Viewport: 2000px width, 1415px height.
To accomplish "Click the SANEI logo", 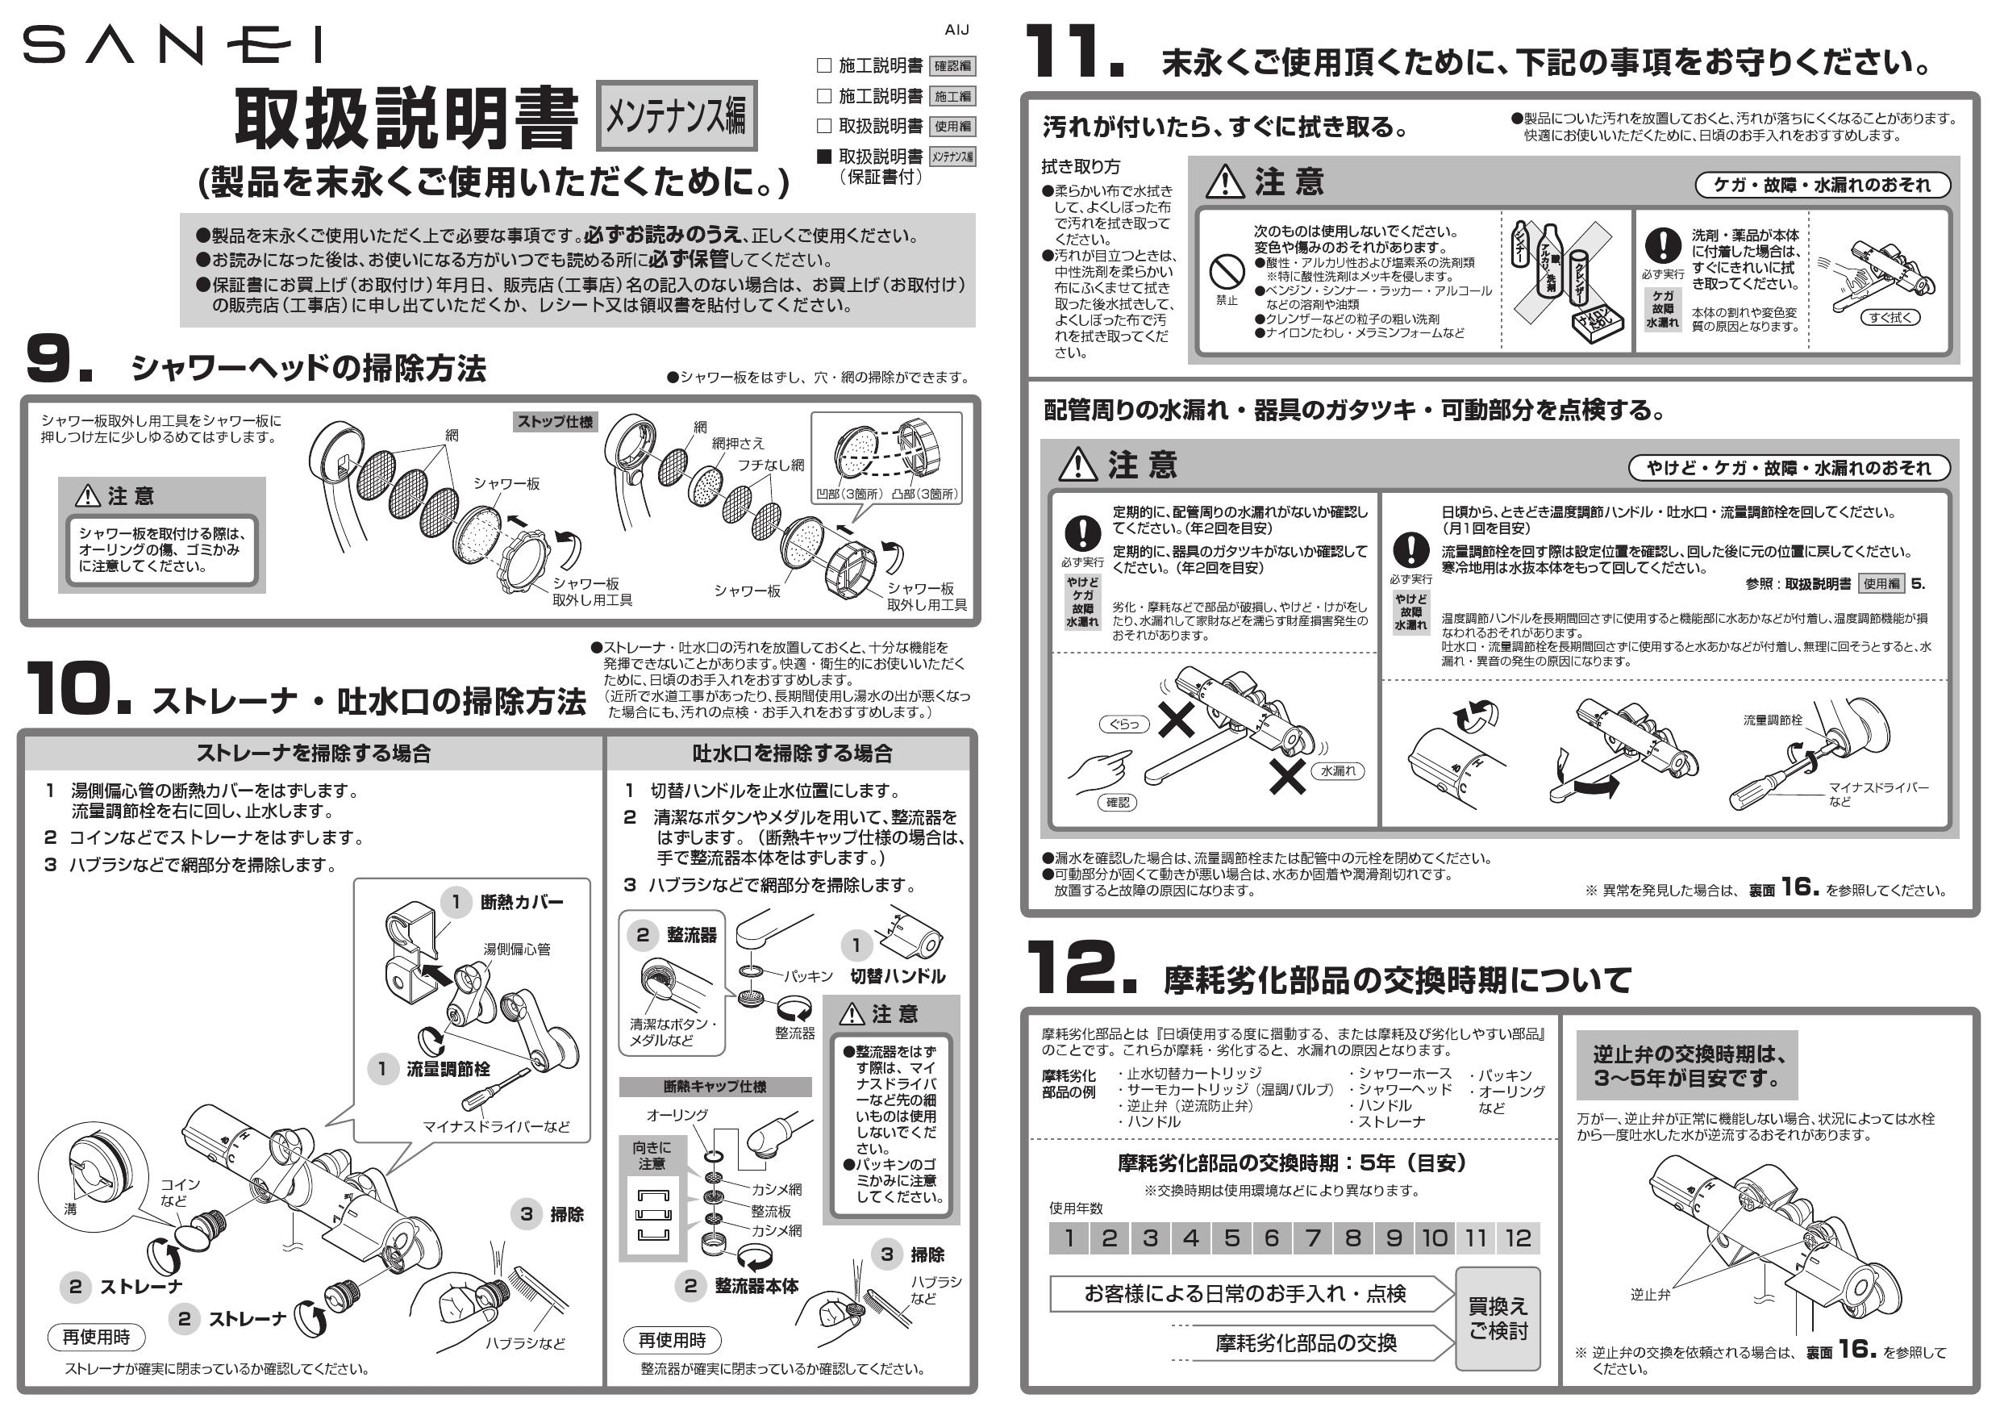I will [x=173, y=45].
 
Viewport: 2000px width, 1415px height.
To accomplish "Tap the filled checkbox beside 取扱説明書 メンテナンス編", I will [x=824, y=157].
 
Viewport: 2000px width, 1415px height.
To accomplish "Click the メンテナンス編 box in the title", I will [x=676, y=116].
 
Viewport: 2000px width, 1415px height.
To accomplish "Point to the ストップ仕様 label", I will [x=555, y=422].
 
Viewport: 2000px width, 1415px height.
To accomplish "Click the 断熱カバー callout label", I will [x=521, y=903].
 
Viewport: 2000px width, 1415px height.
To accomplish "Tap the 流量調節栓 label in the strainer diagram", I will [x=448, y=1069].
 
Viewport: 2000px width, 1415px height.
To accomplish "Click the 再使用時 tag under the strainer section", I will [x=96, y=1337].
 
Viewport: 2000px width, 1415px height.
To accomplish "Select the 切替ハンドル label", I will [x=898, y=976].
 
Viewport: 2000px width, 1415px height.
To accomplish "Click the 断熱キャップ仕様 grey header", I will [x=715, y=1087].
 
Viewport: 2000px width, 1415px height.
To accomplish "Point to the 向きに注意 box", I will [x=652, y=1155].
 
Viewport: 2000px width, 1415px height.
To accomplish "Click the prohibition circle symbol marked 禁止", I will [x=1227, y=272].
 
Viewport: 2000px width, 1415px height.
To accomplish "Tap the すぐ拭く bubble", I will [x=1890, y=317].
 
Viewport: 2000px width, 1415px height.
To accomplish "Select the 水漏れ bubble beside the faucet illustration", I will [x=1338, y=771].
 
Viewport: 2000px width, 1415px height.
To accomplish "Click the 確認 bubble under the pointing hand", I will [x=1118, y=803].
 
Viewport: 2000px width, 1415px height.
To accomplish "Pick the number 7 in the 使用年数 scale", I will [x=1312, y=1238].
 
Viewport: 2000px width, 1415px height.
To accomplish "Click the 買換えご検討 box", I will [x=1498, y=1318].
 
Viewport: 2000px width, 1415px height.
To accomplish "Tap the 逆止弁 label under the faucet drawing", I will [x=1650, y=1295].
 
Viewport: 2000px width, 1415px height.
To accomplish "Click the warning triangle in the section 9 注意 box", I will [x=88, y=496].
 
